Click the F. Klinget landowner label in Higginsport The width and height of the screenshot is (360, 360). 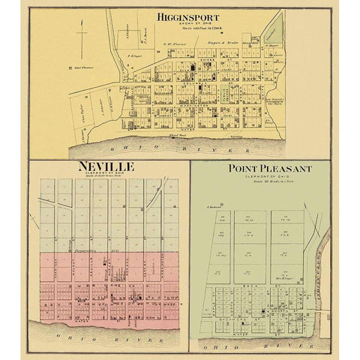135,56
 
